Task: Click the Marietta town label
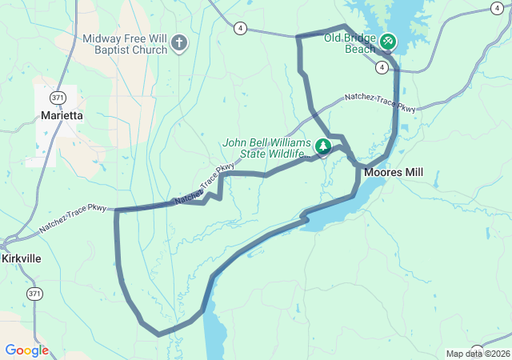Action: click(x=62, y=115)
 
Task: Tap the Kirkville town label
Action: click(x=21, y=259)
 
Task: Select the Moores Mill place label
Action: click(x=393, y=172)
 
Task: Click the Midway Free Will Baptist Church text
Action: click(x=126, y=44)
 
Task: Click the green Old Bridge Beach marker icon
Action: click(x=388, y=40)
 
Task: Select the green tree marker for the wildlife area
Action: click(x=322, y=146)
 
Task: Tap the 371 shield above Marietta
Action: click(x=58, y=98)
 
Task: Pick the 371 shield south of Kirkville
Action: click(x=34, y=294)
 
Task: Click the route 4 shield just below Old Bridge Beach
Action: click(x=383, y=67)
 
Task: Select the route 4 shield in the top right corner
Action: click(x=497, y=8)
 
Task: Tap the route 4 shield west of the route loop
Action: click(x=240, y=28)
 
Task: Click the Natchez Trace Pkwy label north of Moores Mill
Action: click(x=380, y=102)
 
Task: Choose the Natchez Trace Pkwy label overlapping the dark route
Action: click(x=200, y=186)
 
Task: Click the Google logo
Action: click(x=26, y=350)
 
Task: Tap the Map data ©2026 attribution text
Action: click(x=477, y=354)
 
